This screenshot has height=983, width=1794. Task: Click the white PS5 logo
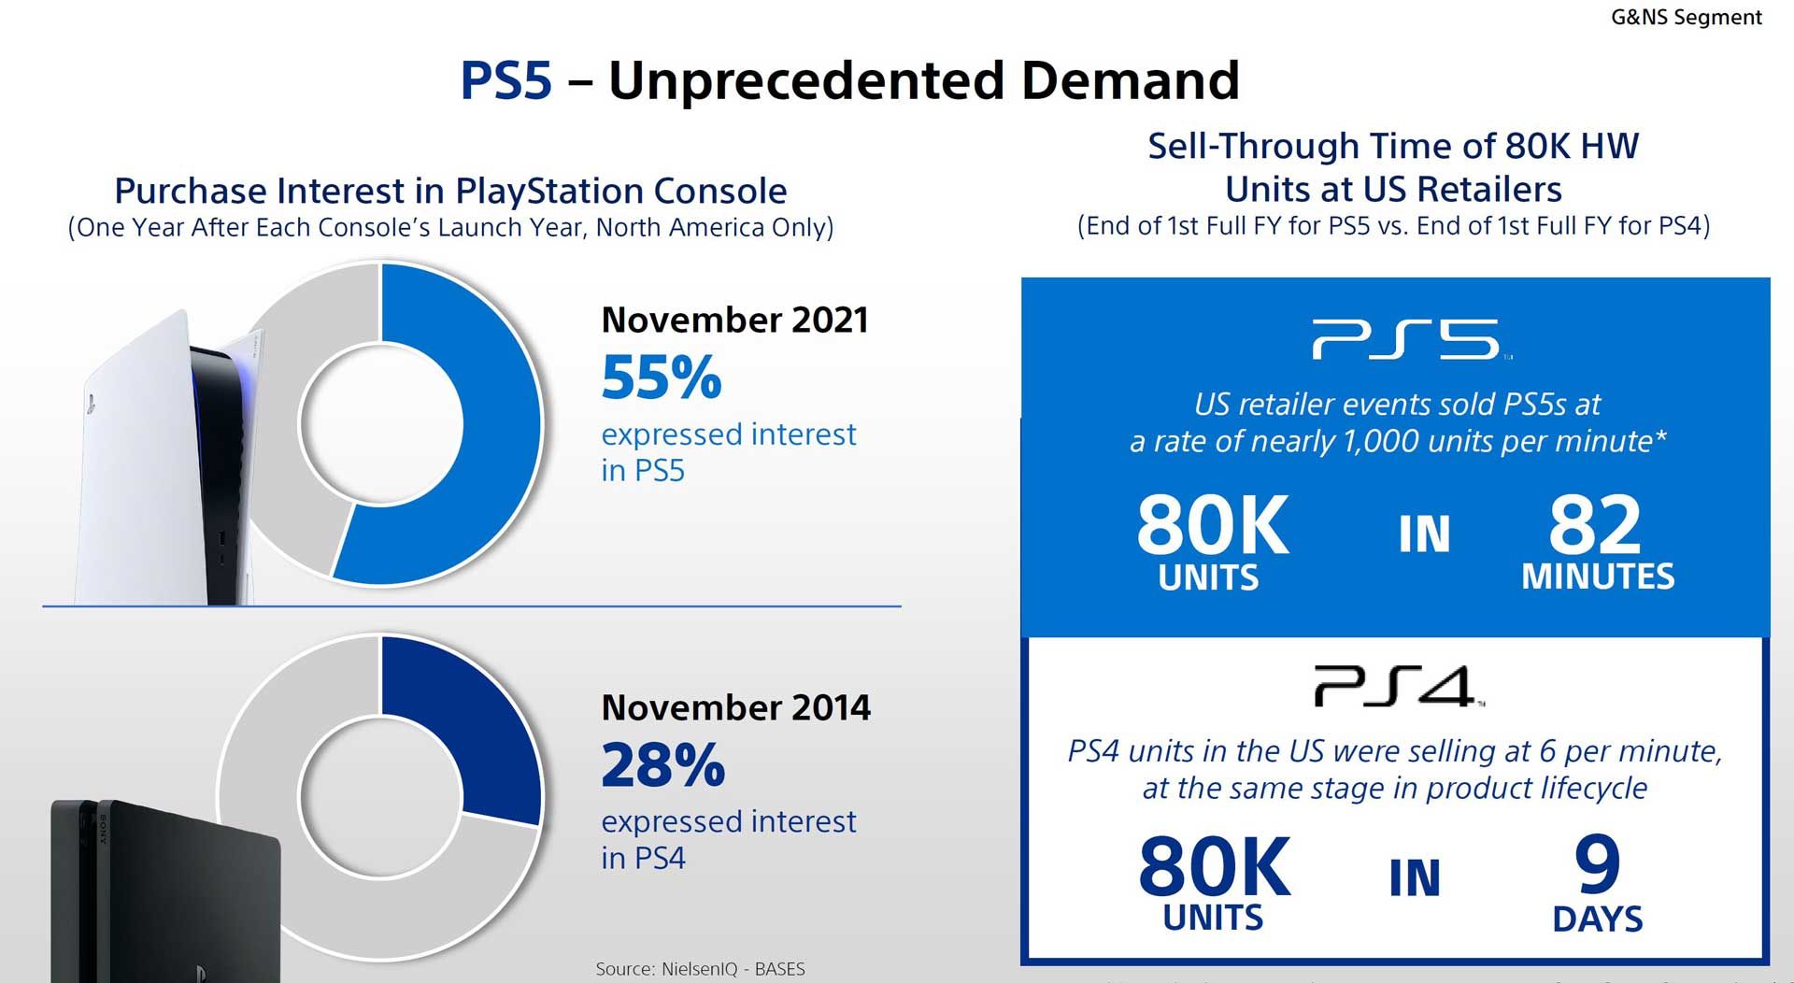pos(1407,339)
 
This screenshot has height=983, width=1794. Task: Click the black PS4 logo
pos(1396,687)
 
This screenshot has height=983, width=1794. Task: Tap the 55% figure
pos(662,378)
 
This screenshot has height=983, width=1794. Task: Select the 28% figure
pos(662,765)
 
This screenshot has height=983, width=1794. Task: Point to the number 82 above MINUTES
pos(1594,525)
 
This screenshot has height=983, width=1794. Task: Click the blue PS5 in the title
pos(505,80)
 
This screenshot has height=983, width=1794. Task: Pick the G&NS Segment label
pos(1686,17)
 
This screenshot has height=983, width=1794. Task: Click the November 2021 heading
pos(734,320)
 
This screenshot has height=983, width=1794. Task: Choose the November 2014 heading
pos(735,707)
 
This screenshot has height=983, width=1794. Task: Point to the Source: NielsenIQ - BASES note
pos(700,969)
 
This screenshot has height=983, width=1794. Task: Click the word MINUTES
pos(1598,577)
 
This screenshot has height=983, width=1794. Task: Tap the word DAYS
pos(1597,919)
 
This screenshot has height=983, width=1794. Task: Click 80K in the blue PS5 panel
pos(1212,526)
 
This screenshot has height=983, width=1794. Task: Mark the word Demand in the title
pos(1130,80)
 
